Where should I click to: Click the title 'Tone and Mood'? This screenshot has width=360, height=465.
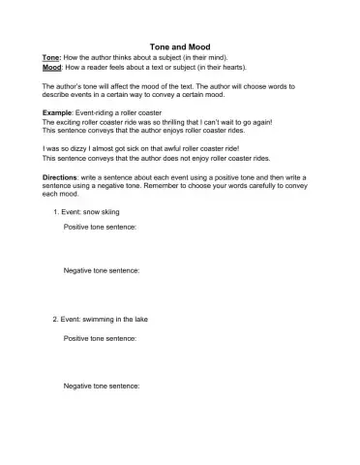point(181,46)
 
